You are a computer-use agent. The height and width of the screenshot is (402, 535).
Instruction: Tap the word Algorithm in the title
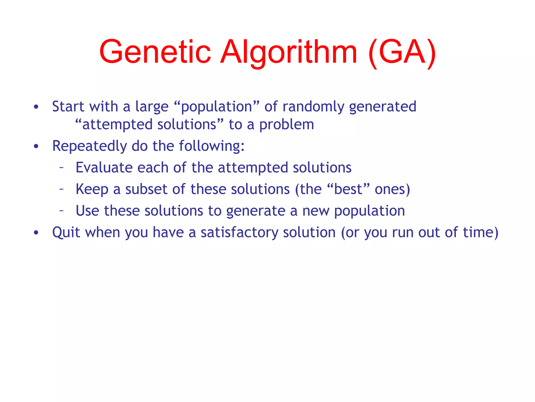point(288,52)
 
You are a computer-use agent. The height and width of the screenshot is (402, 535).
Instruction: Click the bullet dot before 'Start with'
point(36,107)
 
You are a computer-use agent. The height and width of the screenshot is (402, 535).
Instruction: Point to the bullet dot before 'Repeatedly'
point(36,146)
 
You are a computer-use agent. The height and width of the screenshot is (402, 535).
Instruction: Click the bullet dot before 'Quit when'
point(36,233)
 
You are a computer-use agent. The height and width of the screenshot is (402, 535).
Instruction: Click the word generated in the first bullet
point(382,107)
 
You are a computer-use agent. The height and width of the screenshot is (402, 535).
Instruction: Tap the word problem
point(287,125)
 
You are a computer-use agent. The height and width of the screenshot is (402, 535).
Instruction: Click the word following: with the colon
point(212,146)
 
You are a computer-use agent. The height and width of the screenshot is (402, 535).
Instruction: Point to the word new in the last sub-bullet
point(316,211)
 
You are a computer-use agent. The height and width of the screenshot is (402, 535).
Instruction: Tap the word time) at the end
point(481,233)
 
